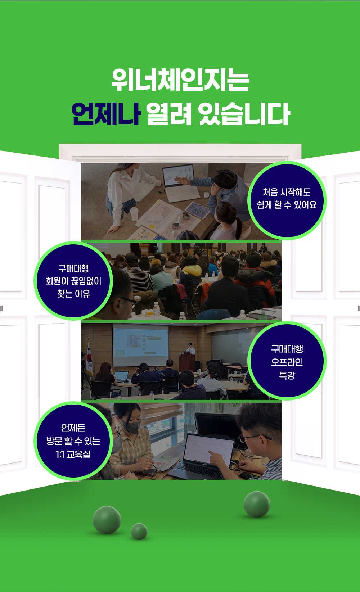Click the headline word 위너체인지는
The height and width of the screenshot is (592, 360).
[180, 80]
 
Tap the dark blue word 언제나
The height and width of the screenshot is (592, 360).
[106, 114]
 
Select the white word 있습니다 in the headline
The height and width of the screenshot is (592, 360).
[244, 114]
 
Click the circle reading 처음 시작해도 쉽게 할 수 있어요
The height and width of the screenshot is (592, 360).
[287, 200]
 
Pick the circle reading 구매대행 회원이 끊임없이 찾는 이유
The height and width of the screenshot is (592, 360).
[73, 281]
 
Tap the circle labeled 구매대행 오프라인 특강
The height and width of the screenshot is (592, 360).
[287, 361]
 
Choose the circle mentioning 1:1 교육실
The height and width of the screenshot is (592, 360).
[73, 441]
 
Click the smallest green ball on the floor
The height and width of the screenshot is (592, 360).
[139, 531]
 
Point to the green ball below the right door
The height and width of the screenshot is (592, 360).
[257, 504]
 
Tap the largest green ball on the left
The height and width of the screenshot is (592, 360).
[107, 520]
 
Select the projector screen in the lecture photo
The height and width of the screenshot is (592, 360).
[141, 345]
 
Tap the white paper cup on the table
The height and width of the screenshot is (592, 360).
[134, 214]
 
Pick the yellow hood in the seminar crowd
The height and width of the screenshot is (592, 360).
[192, 271]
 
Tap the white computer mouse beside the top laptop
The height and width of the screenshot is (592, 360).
[206, 195]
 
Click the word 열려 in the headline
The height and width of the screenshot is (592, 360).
[168, 114]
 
